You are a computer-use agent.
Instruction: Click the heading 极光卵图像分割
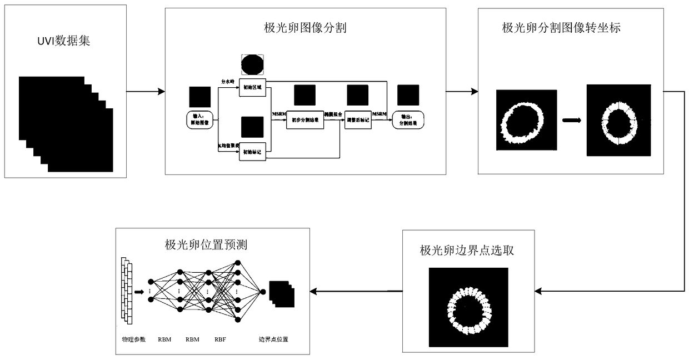tap(306, 27)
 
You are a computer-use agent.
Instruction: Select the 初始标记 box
tap(253, 152)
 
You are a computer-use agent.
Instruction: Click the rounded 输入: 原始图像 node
tap(201, 119)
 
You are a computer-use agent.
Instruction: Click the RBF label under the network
tap(220, 339)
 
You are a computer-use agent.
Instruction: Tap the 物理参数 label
tap(133, 339)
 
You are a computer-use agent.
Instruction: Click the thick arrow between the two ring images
tap(572, 120)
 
